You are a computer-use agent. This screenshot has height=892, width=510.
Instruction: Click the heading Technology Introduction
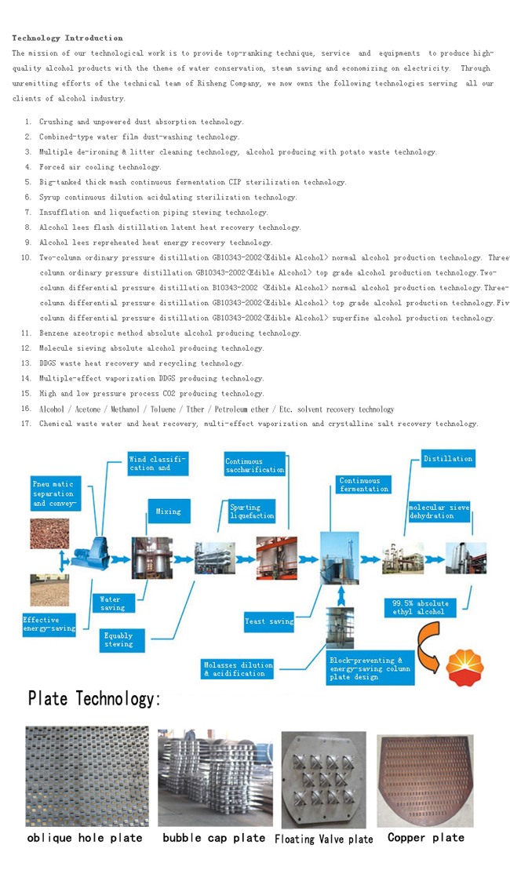tap(67, 38)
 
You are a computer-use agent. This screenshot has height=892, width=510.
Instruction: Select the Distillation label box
tap(448, 459)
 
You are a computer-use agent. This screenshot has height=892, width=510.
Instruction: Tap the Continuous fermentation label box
tap(363, 485)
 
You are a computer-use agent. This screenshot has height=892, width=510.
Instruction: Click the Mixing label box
tap(168, 512)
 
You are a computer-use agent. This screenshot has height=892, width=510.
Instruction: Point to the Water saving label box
tap(112, 603)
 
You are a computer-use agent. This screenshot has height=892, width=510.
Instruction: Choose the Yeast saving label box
tap(269, 621)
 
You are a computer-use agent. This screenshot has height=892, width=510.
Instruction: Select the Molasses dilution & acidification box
tap(238, 668)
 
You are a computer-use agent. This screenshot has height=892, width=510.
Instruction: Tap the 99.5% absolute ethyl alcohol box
tap(421, 607)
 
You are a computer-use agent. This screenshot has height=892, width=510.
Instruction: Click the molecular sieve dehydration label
tap(439, 512)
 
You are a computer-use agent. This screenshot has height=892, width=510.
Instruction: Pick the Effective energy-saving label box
tap(49, 624)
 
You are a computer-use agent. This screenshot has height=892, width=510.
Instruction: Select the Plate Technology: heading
tap(94, 698)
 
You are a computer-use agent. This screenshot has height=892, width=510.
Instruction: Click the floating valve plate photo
tap(323, 779)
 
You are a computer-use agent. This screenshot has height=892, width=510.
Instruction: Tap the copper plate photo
tap(424, 780)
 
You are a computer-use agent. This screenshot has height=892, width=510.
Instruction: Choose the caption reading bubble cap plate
tap(214, 838)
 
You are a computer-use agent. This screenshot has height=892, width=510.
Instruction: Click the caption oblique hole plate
tap(85, 838)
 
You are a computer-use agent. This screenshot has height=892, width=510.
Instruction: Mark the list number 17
tap(26, 424)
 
